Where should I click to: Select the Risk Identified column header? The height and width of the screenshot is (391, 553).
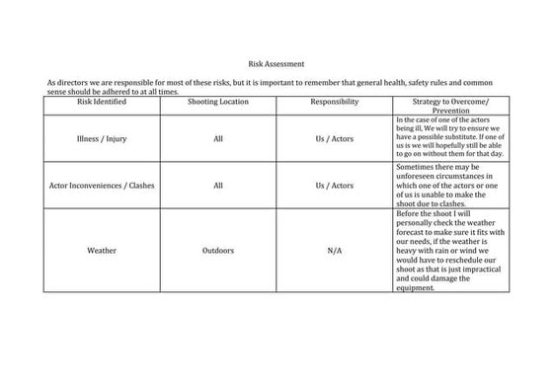101,102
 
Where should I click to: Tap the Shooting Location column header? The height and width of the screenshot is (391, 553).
218,102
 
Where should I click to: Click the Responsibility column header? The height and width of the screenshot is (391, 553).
334,102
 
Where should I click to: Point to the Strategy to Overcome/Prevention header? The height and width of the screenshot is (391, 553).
448,107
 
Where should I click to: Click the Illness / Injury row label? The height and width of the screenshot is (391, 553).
101,139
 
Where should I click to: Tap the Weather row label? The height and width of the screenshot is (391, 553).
101,251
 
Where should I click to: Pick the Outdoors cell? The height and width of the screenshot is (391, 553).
218,251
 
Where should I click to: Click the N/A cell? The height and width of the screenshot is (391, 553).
334,251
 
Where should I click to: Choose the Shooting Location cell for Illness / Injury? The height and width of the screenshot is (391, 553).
218,139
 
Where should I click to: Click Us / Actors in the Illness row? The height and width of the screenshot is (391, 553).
334,139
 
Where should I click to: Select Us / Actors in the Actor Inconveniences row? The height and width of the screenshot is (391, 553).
334,185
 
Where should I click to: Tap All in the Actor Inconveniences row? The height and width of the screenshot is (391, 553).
218,185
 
